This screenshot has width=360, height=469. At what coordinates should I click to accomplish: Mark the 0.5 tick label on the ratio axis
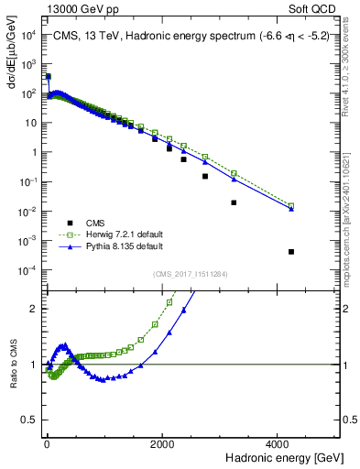(x=30, y=420)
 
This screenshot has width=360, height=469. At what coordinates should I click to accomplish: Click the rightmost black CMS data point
(x=291, y=251)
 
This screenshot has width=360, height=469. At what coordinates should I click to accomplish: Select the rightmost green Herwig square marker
(x=291, y=205)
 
